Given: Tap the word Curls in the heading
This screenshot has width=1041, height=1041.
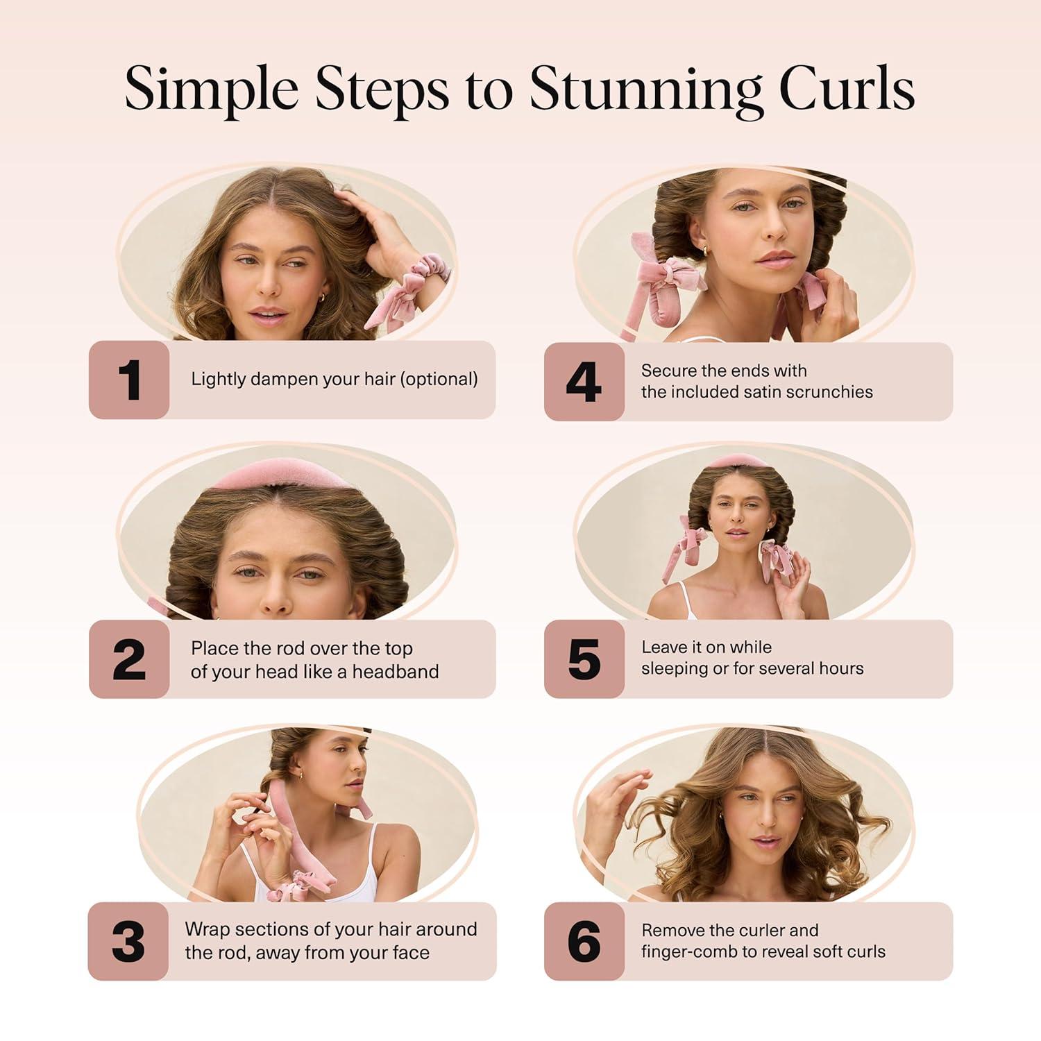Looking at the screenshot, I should pos(846,90).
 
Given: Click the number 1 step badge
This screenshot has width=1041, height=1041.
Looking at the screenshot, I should pos(129,380).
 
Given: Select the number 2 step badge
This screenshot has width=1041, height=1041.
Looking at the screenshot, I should pos(129,659).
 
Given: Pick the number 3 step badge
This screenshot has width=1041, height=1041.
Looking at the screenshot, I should pos(128,942).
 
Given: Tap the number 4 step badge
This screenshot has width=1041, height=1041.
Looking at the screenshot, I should pos(584,382).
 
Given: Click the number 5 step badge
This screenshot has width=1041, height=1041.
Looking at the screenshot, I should pos(584,659).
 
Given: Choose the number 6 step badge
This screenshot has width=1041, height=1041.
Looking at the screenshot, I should pos(584,942).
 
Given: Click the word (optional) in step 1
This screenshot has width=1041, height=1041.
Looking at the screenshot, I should pos(439,380).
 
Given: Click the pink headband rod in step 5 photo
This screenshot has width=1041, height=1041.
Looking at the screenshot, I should pos(743,461).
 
